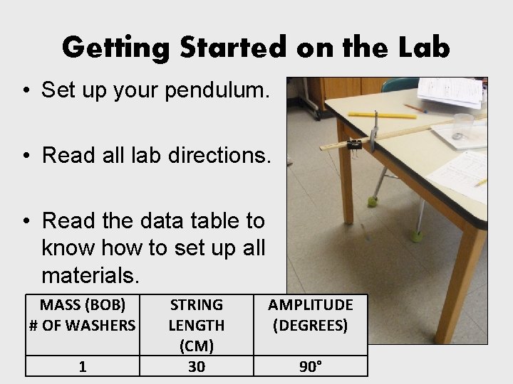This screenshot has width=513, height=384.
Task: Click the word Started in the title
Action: (217, 47)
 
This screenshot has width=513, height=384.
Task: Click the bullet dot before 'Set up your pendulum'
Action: (26, 91)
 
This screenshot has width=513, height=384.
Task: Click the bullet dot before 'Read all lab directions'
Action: (26, 156)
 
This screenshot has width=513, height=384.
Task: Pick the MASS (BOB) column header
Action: (82, 315)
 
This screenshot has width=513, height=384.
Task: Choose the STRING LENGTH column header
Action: (196, 325)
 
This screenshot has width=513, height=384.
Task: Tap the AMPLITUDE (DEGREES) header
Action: (310, 315)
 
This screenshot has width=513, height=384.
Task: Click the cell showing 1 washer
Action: (83, 366)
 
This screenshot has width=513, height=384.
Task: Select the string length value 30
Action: (196, 366)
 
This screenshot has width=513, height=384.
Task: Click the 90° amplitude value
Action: (310, 366)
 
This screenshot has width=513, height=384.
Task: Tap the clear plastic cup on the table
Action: (462, 125)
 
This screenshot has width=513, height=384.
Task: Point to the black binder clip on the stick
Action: (353, 145)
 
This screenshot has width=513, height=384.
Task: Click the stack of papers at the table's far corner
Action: (450, 91)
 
